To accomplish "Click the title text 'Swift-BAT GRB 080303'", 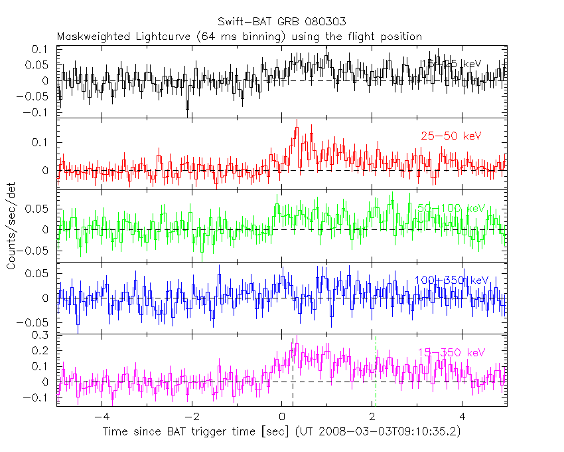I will [x=282, y=21].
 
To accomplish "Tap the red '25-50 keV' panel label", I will [x=451, y=136].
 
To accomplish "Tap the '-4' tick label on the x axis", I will [x=100, y=417].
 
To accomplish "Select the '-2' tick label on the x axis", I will [x=190, y=417].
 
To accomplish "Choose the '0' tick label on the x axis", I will [x=282, y=417].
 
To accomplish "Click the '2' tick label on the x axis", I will [x=373, y=417].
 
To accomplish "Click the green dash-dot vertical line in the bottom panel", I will [x=376, y=372].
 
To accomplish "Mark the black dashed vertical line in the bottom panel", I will [x=293, y=372].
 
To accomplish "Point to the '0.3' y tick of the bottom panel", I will [x=42, y=336].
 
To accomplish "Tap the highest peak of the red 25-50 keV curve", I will [x=296, y=128].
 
